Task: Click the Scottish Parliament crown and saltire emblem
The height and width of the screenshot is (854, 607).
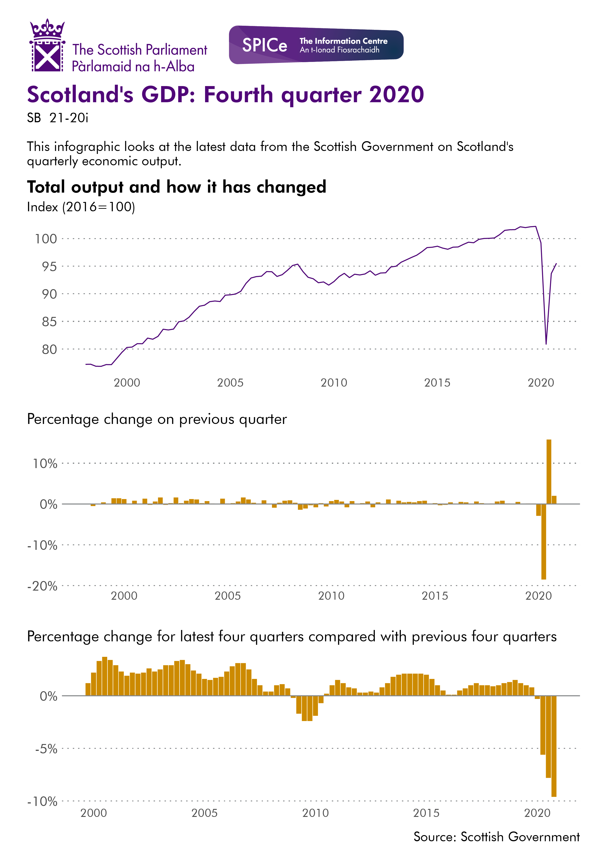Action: pos(47,46)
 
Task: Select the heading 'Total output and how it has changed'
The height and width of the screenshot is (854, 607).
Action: pos(176,187)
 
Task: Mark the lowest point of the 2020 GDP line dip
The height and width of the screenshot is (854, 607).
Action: pos(546,343)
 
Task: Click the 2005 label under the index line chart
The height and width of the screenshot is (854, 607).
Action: pos(230,382)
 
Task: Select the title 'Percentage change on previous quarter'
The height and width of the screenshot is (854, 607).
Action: pos(157,419)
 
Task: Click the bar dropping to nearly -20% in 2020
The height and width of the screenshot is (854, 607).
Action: pos(544,542)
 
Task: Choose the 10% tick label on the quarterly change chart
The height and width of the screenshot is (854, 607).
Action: pos(45,464)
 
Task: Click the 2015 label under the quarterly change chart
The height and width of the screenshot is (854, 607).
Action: pos(435,596)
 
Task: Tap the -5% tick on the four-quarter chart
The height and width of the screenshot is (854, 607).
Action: pos(46,749)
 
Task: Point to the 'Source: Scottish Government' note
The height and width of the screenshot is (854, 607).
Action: pos(496,836)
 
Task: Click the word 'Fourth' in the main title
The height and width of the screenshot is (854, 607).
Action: pos(239,95)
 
